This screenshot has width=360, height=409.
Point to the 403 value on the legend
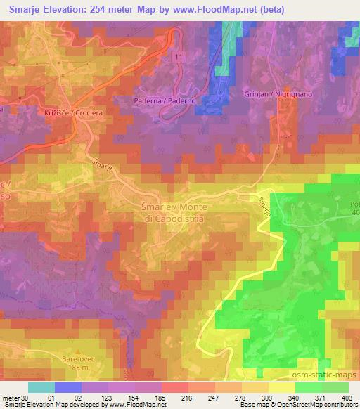(x=347, y=398)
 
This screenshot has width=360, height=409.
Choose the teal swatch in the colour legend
(x=41, y=388)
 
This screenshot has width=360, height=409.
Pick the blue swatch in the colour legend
(x=68, y=388)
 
